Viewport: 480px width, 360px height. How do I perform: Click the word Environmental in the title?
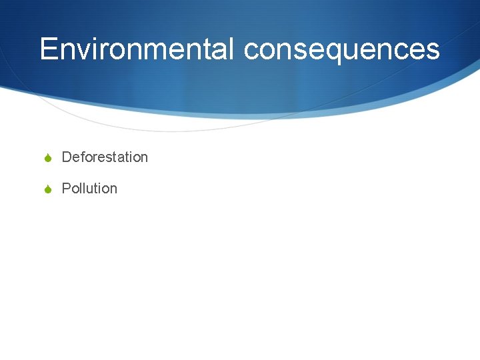pyautogui.click(x=137, y=49)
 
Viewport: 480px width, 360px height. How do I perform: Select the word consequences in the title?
pyautogui.click(x=342, y=49)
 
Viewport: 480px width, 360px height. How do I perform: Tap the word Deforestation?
pyautogui.click(x=105, y=157)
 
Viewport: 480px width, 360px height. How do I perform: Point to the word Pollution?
pyautogui.click(x=89, y=189)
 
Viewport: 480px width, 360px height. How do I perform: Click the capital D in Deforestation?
pyautogui.click(x=67, y=157)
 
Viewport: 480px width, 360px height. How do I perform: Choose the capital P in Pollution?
pyautogui.click(x=66, y=189)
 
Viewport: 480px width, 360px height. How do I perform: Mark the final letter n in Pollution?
pyautogui.click(x=113, y=189)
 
